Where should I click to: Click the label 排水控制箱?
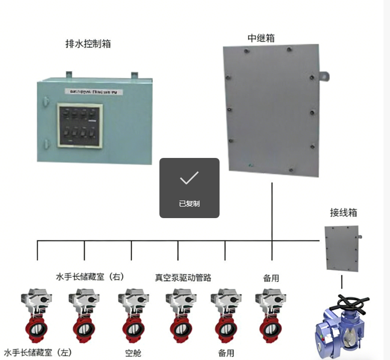pos(88,44)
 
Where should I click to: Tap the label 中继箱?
pos(261,38)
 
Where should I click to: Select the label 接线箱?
pos(343,212)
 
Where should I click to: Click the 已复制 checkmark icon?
pos(189,177)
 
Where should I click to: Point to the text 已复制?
pos(189,204)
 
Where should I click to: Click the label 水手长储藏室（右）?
pos(89,277)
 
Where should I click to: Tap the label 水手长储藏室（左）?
pos(38,352)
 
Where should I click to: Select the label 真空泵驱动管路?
pos(182,277)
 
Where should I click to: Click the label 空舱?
pos(133,352)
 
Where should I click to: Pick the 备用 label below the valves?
pos(226,352)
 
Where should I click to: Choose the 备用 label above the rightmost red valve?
pos(271,277)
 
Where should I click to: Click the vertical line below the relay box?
pos(272,211)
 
